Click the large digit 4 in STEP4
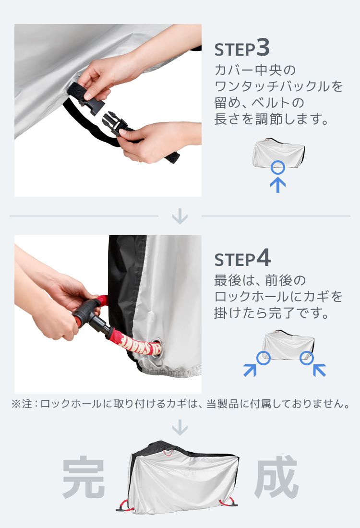coord(264,258)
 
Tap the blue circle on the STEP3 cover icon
coord(278,168)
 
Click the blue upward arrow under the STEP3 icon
coord(278,185)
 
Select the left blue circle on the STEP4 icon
coord(263,358)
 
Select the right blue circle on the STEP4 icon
coord(306,358)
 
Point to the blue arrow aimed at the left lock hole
coord(250,370)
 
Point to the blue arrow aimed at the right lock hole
coord(319,370)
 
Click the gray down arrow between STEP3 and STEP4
coord(180,216)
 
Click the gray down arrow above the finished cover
coord(180,427)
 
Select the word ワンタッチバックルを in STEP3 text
coord(278,86)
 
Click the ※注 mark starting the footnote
coord(22,404)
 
